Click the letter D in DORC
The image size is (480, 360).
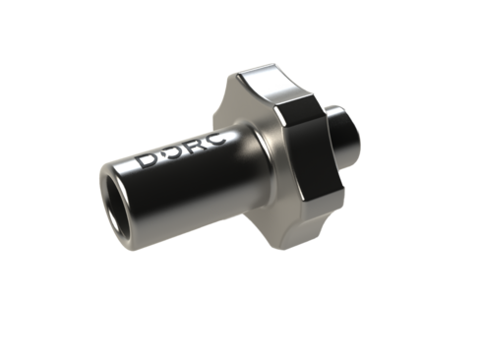pos(146,161)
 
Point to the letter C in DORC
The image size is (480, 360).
pos(215,139)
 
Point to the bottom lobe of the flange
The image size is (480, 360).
pos(288,229)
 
